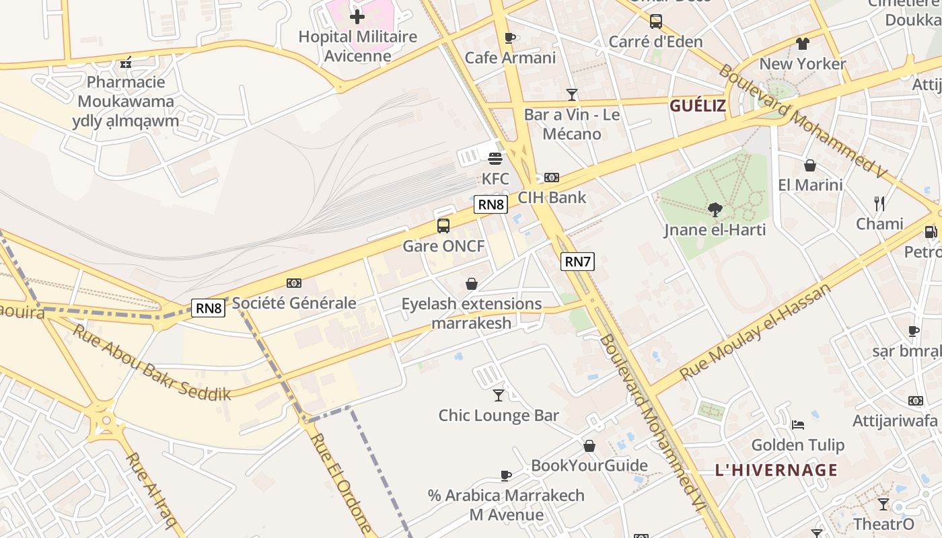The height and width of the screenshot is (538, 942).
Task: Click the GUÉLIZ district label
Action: point(697,106)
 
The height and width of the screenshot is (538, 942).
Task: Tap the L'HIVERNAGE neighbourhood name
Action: point(776,470)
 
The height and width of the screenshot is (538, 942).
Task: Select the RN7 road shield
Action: point(577,262)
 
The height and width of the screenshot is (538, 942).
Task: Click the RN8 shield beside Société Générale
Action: point(208,308)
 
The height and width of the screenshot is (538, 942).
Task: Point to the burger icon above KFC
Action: point(495,159)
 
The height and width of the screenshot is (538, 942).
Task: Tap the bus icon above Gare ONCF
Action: point(443,226)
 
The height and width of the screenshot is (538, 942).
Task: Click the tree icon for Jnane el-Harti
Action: point(715,210)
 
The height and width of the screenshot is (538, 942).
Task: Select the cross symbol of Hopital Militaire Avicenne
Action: point(357,16)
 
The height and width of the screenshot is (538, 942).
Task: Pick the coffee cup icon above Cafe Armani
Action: point(510,38)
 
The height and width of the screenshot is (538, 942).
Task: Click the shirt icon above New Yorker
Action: point(802,44)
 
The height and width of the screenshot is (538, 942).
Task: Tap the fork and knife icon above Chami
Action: point(879,203)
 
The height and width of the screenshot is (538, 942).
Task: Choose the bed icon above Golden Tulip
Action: point(798,424)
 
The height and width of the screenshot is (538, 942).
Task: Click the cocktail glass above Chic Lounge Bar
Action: point(499,395)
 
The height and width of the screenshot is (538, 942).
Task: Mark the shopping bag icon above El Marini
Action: point(810,165)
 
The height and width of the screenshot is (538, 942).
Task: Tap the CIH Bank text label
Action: point(552,198)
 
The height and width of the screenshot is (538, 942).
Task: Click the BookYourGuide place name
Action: point(589,465)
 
